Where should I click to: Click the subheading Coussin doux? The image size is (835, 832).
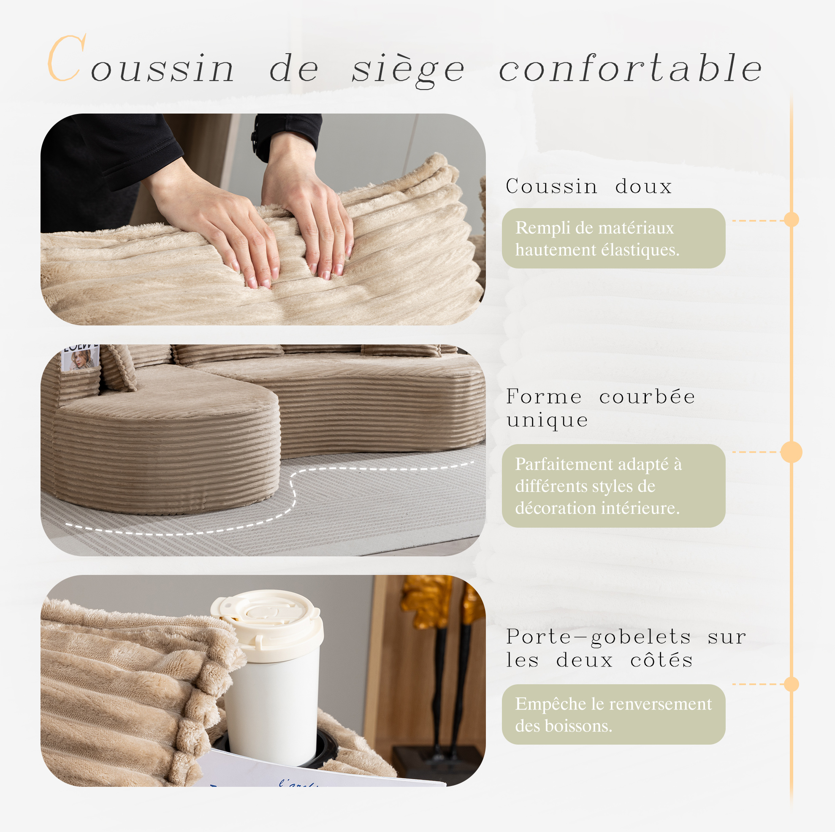pyautogui.click(x=588, y=186)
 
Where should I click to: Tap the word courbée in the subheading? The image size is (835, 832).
pyautogui.click(x=647, y=397)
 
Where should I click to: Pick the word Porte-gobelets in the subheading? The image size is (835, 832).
pyautogui.click(x=599, y=637)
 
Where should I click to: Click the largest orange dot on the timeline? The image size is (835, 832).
pyautogui.click(x=792, y=452)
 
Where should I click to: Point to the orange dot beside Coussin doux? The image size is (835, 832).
pyautogui.click(x=792, y=220)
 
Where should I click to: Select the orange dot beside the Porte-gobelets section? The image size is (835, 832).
pyautogui.click(x=792, y=684)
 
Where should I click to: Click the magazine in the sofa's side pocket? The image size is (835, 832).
pyautogui.click(x=80, y=357)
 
